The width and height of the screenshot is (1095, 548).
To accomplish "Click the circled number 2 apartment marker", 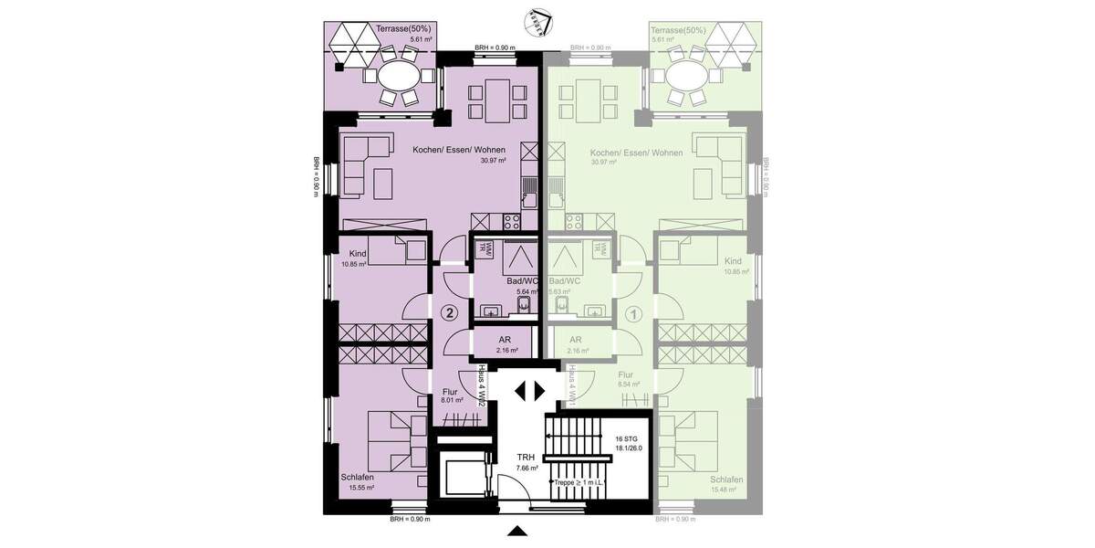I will tap(448, 312).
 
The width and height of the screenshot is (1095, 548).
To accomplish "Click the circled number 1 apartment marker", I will tap(635, 312).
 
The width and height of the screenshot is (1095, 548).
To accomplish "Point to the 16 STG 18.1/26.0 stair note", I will tap(629, 443).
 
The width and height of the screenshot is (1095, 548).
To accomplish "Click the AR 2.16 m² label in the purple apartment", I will tap(506, 343).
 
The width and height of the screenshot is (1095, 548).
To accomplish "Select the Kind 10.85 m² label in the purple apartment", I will tap(354, 258).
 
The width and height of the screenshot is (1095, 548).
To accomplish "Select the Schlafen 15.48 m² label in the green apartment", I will tap(726, 485).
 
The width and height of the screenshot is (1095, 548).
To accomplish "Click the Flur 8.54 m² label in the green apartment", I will tap(625, 379).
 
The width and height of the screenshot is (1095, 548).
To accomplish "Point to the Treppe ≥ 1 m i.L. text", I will tap(579, 481).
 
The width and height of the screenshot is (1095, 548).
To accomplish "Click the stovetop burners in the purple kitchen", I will tap(509, 220).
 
